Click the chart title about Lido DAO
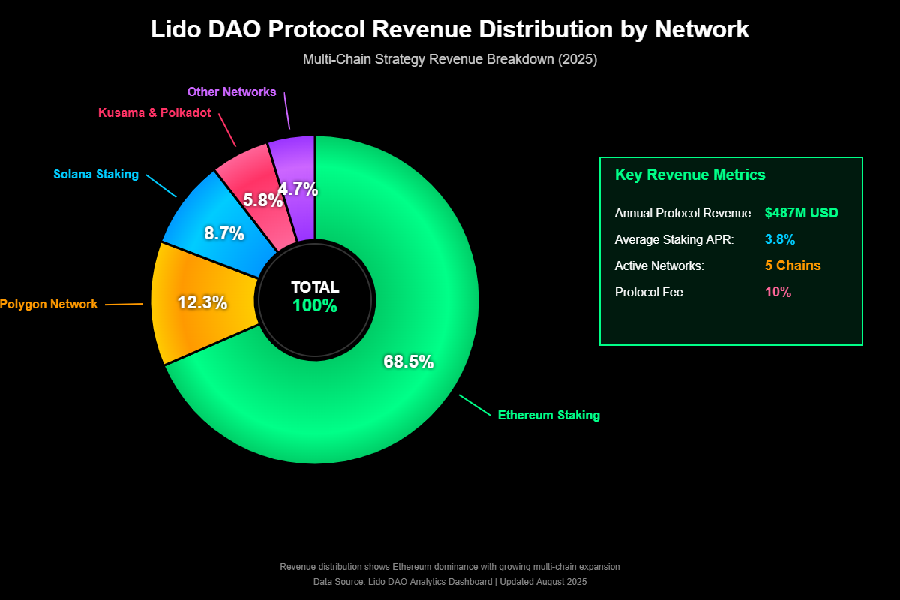[450, 29]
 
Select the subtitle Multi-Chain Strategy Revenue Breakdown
[450, 60]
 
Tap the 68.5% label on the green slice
[408, 361]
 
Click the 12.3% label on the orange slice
[202, 303]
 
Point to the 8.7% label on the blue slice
[224, 233]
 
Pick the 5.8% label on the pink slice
[262, 200]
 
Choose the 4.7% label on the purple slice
[298, 190]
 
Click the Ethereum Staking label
[548, 415]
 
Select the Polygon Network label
[49, 304]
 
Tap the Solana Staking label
[96, 175]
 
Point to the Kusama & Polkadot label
[154, 113]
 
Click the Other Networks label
[232, 92]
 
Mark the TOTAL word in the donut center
[315, 287]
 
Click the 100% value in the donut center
[315, 306]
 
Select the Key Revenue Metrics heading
[690, 175]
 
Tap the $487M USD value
[801, 213]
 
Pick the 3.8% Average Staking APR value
[780, 239]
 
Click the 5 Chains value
[793, 265]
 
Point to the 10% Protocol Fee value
[778, 292]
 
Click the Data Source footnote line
[450, 582]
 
